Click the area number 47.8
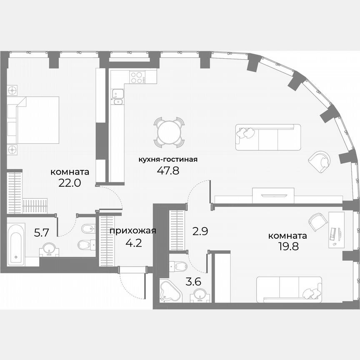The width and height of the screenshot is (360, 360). tap(168, 170)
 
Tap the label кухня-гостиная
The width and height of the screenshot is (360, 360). tap(168, 159)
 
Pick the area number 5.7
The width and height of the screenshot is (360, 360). tap(41, 233)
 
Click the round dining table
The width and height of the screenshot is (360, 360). tap(169, 132)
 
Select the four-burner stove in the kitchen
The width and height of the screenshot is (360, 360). tap(137, 77)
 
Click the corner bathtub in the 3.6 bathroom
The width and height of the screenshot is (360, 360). tap(170, 291)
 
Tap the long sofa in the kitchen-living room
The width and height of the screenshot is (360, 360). tap(268, 137)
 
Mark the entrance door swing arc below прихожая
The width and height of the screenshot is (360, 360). tap(131, 286)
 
